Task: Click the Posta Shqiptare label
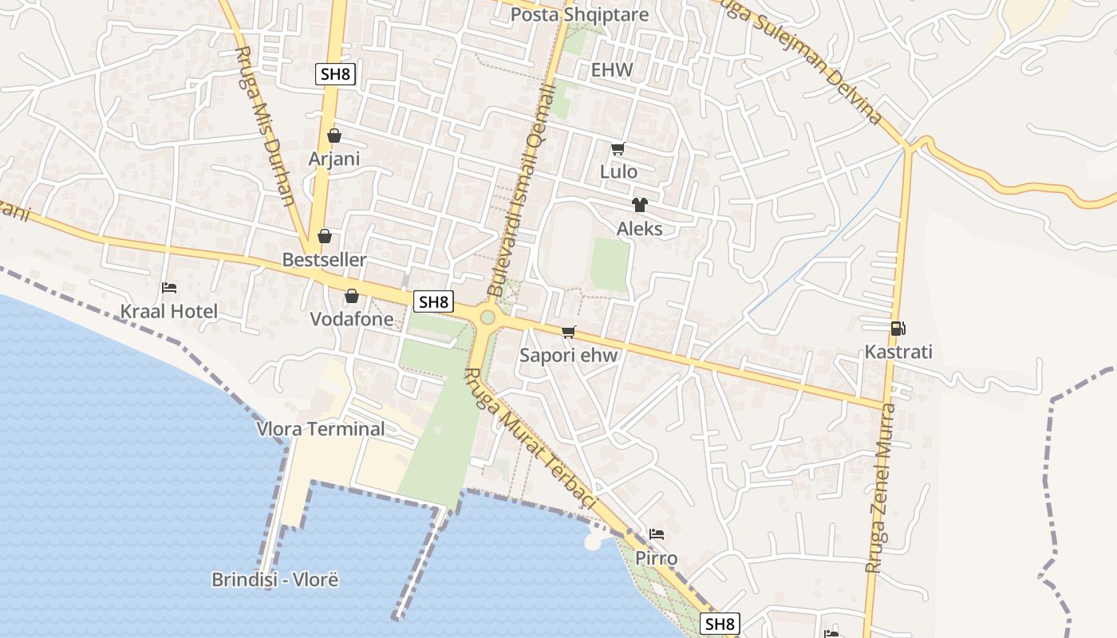click(x=579, y=15)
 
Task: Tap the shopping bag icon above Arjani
click(x=334, y=136)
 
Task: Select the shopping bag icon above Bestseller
click(x=325, y=236)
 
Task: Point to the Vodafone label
click(x=352, y=319)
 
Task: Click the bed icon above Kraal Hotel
click(x=169, y=287)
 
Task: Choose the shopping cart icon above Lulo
click(x=618, y=148)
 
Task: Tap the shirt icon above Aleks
click(x=639, y=205)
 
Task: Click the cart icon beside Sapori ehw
click(x=568, y=332)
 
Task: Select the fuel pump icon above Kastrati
click(x=898, y=328)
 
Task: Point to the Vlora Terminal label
click(x=321, y=429)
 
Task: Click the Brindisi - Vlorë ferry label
click(x=275, y=580)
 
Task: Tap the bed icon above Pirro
click(x=657, y=534)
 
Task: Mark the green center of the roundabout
click(x=487, y=318)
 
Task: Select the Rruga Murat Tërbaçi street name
click(x=530, y=438)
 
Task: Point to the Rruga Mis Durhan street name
click(x=266, y=125)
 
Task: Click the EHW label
click(x=612, y=70)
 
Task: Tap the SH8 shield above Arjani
click(x=335, y=75)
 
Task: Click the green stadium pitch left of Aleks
click(x=610, y=263)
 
